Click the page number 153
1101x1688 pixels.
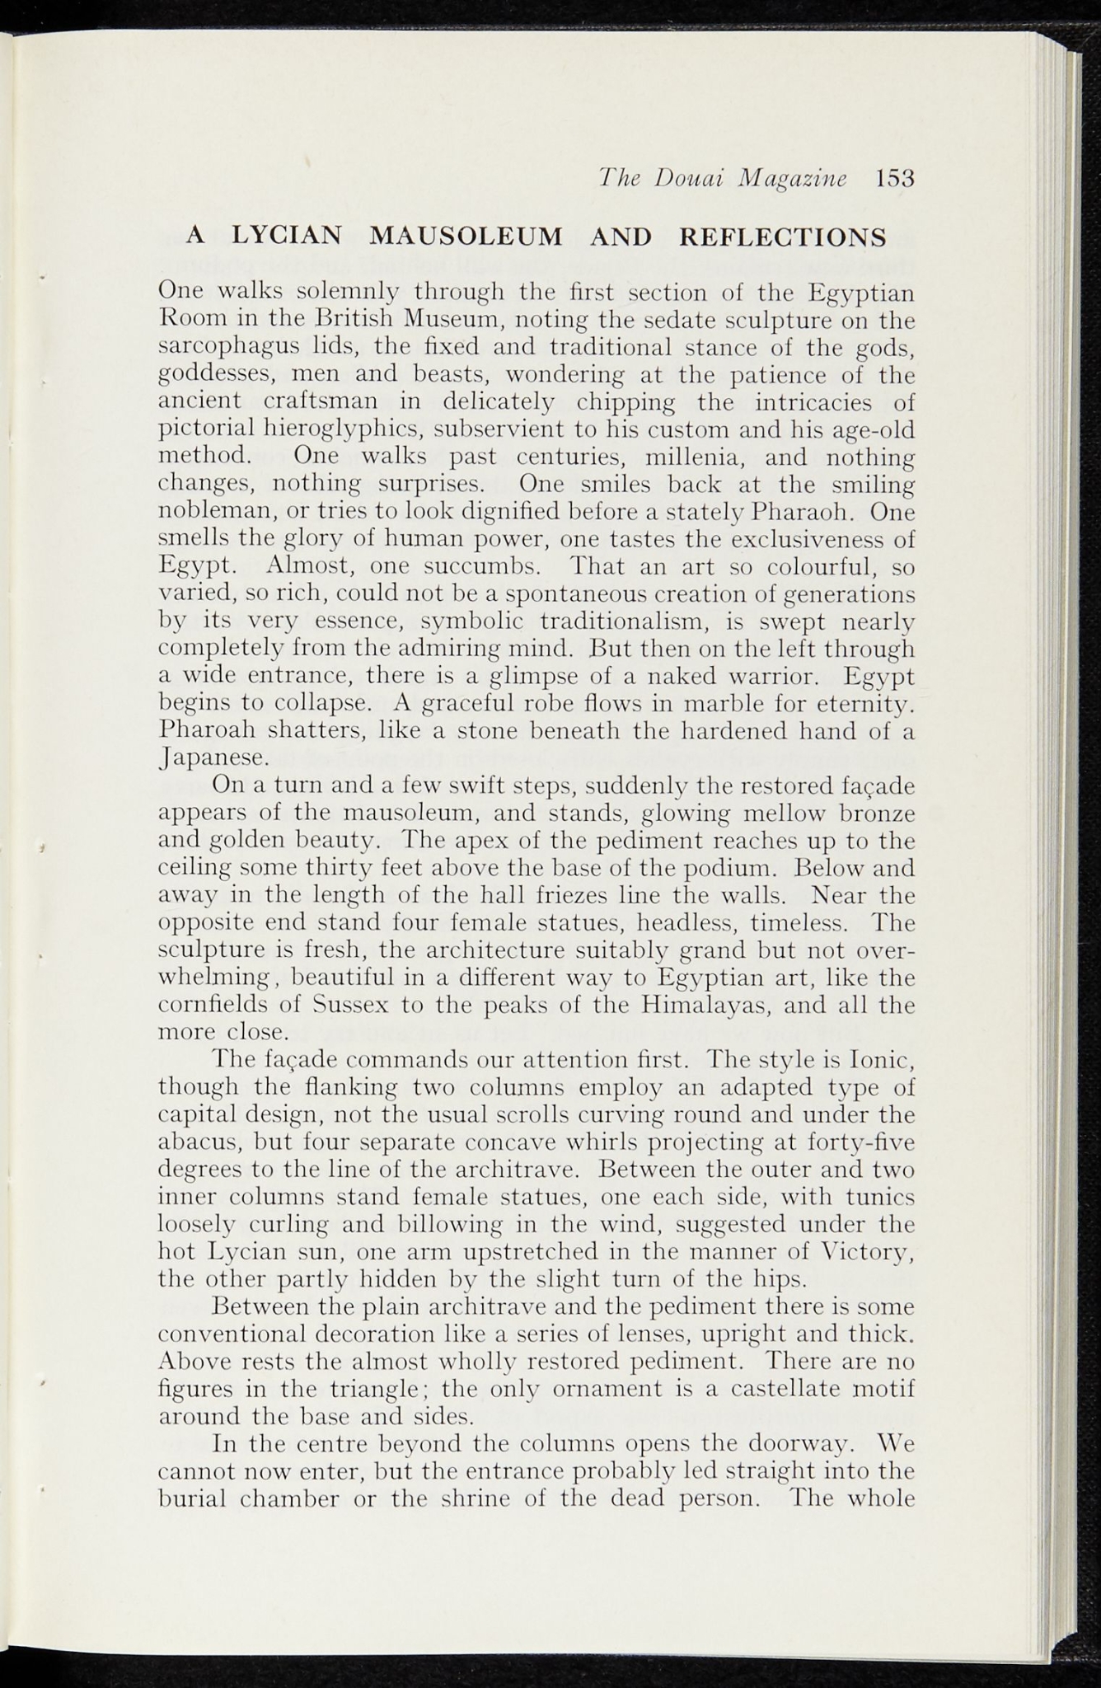896,179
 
